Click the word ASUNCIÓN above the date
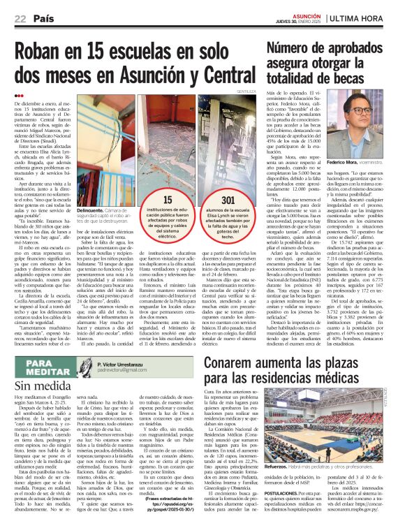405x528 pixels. click(307, 13)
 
